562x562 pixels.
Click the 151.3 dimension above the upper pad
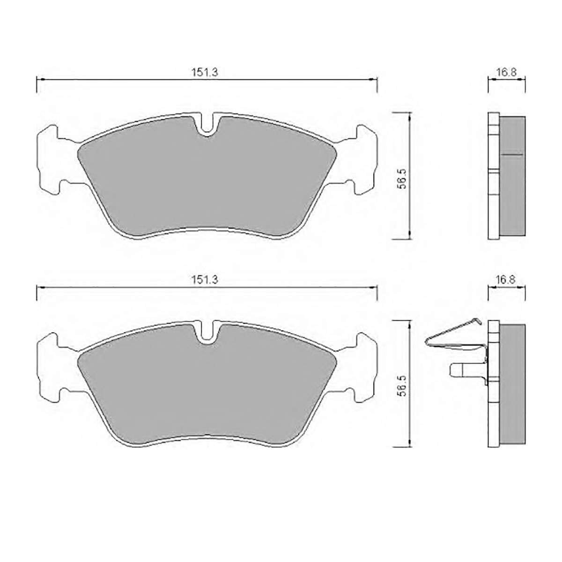tap(205, 72)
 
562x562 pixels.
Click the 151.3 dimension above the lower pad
tap(205, 280)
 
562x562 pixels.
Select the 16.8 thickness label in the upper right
tap(507, 72)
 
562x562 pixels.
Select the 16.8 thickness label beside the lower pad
tap(506, 280)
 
